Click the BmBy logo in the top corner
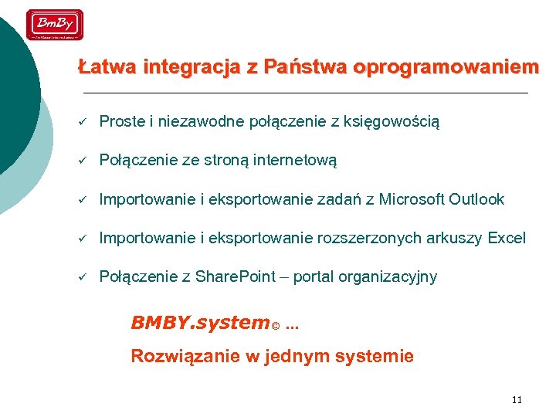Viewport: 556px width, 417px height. pyautogui.click(x=55, y=25)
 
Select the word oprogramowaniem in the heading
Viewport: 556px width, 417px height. pyautogui.click(x=446, y=67)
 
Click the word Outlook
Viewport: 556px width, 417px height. pyautogui.click(x=476, y=199)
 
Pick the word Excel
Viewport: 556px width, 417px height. pyautogui.click(x=507, y=238)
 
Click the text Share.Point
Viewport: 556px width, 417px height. pyautogui.click(x=234, y=276)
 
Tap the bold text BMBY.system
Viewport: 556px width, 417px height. pyautogui.click(x=199, y=323)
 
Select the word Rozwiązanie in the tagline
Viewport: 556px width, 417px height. pyautogui.click(x=177, y=356)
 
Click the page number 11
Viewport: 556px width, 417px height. pyautogui.click(x=517, y=399)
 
